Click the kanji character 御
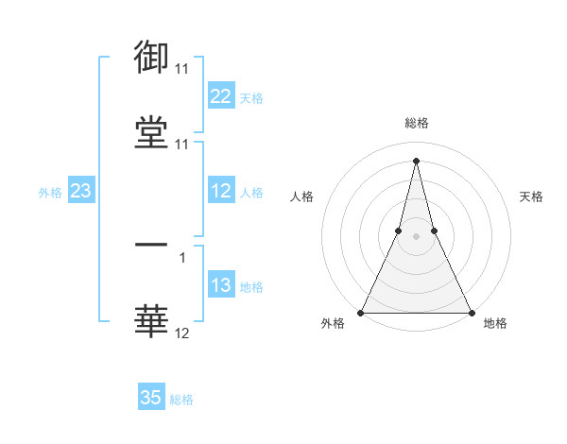pyautogui.click(x=151, y=58)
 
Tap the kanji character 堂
pyautogui.click(x=151, y=132)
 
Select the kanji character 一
pyautogui.click(x=151, y=245)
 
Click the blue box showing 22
pyautogui.click(x=221, y=96)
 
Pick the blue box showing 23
pyautogui.click(x=81, y=191)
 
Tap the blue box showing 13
pyautogui.click(x=221, y=285)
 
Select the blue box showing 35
pyautogui.click(x=151, y=398)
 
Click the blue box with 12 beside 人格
pyautogui.click(x=221, y=191)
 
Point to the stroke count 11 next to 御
pyautogui.click(x=181, y=69)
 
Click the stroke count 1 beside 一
pyautogui.click(x=181, y=256)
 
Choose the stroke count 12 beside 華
pyautogui.click(x=181, y=333)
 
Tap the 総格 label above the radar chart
pyautogui.click(x=417, y=123)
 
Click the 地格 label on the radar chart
pyautogui.click(x=495, y=324)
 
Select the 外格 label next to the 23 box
pyautogui.click(x=50, y=192)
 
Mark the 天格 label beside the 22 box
pyautogui.click(x=251, y=97)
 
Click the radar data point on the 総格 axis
pyautogui.click(x=416, y=160)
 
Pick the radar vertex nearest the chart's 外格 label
pyautogui.click(x=362, y=312)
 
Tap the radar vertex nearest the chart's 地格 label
pyautogui.click(x=470, y=312)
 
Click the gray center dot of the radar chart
pyautogui.click(x=416, y=237)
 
